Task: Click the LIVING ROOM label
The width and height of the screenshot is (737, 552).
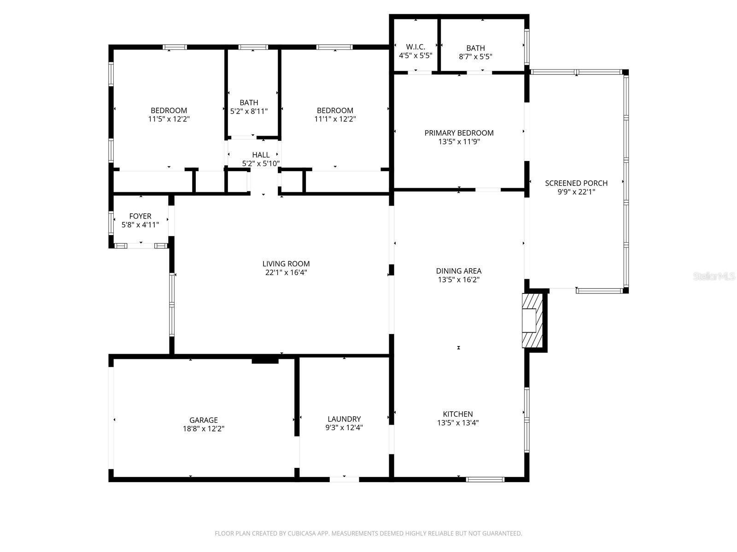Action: pyautogui.click(x=286, y=264)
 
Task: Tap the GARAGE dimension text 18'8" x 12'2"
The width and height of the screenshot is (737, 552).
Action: pyautogui.click(x=204, y=429)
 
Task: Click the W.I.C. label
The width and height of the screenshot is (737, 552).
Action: pyautogui.click(x=415, y=47)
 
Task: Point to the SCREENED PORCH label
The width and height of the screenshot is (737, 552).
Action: pyautogui.click(x=576, y=183)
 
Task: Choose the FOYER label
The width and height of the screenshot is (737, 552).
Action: pyautogui.click(x=140, y=216)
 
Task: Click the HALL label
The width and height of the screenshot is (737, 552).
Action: pyautogui.click(x=261, y=155)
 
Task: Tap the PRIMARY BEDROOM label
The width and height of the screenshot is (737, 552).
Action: pyautogui.click(x=459, y=133)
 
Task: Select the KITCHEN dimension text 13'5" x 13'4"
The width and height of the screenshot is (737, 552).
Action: pyautogui.click(x=458, y=423)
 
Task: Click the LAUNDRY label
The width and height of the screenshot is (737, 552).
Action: pyautogui.click(x=344, y=419)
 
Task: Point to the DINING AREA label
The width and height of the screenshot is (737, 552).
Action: pyautogui.click(x=459, y=271)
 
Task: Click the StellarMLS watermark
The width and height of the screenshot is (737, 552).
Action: pyautogui.click(x=714, y=276)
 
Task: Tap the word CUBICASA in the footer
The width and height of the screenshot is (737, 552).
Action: pyautogui.click(x=301, y=534)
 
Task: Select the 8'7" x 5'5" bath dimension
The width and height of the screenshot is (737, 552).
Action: pyautogui.click(x=475, y=57)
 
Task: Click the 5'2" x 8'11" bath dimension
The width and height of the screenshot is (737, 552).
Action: pyautogui.click(x=249, y=111)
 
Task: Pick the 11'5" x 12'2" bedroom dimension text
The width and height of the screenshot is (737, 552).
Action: pyautogui.click(x=169, y=119)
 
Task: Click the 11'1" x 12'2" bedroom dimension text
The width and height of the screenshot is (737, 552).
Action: pyautogui.click(x=335, y=119)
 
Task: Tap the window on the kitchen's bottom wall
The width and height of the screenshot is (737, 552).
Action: pyautogui.click(x=485, y=479)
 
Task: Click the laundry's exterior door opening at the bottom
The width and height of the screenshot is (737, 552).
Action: pyautogui.click(x=344, y=479)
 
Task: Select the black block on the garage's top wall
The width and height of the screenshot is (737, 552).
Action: pyautogui.click(x=265, y=360)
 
